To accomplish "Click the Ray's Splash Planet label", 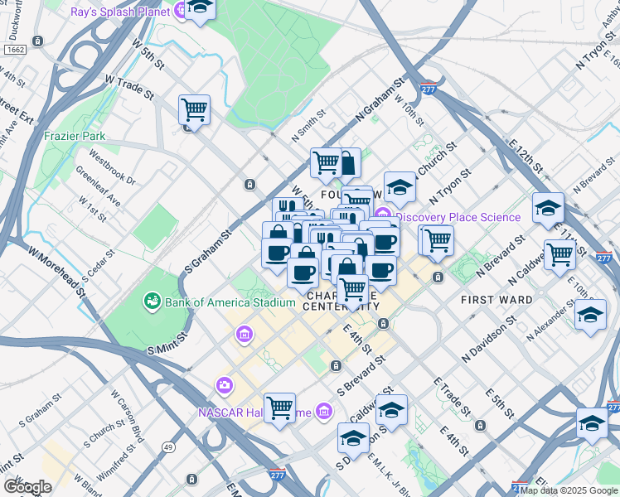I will click(120, 12).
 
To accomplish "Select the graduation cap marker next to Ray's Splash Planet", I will click(200, 8).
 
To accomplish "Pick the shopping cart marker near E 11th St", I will click(559, 254).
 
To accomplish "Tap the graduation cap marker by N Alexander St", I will click(590, 315).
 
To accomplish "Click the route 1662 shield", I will click(15, 51).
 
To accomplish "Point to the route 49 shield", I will click(168, 447).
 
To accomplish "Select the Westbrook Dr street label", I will click(112, 167).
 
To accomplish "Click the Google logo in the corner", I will click(27, 487).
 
